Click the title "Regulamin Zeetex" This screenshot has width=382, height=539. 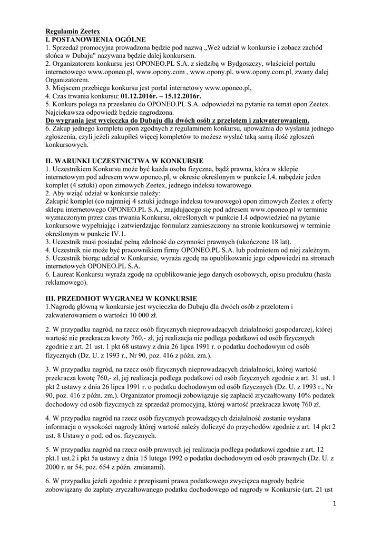tap(72, 32)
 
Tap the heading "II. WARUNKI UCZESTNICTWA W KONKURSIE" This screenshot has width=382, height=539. tap(124, 160)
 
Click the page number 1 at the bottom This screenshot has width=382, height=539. tap(334, 504)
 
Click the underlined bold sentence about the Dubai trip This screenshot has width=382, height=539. tap(177, 121)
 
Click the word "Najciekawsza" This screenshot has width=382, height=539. tap(68, 113)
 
